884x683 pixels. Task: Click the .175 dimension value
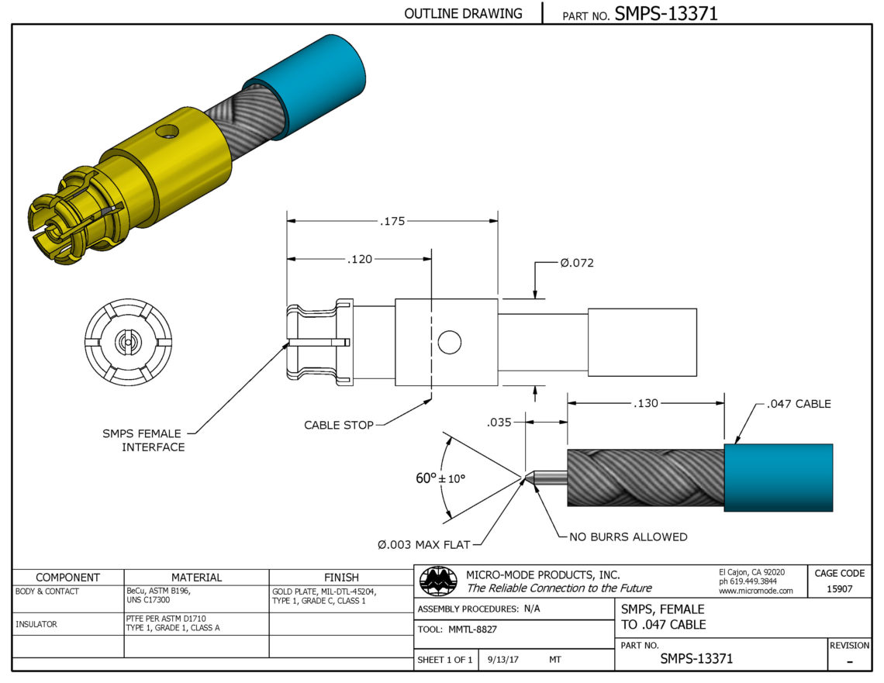tap(392, 222)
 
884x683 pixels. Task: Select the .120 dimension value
tap(360, 259)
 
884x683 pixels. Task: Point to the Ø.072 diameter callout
tap(577, 263)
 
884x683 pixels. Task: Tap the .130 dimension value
tap(645, 403)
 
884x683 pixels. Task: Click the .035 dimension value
tap(499, 422)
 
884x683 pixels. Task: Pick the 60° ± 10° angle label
tap(440, 478)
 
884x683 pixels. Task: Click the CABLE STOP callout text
tap(339, 425)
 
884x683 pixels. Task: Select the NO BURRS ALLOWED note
tap(628, 537)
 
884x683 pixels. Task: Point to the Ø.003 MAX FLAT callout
tap(424, 545)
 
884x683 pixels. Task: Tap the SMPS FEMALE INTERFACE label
tap(143, 440)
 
